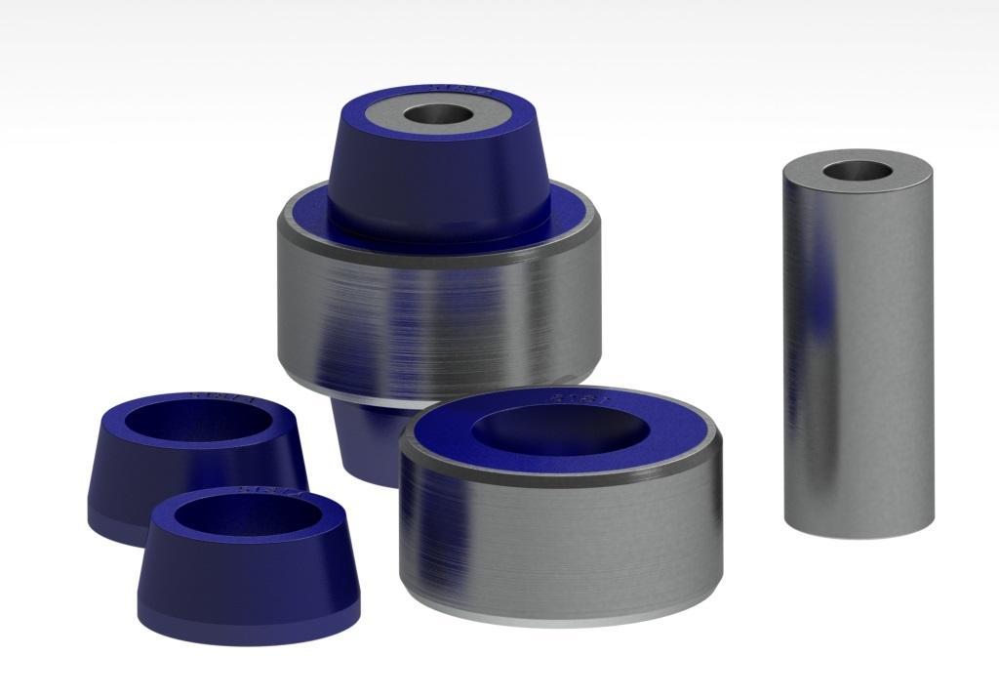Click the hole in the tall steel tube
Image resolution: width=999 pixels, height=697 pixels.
(857, 172)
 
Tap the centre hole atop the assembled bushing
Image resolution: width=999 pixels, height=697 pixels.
(438, 114)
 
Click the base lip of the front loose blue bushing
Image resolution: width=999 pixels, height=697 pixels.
(249, 625)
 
